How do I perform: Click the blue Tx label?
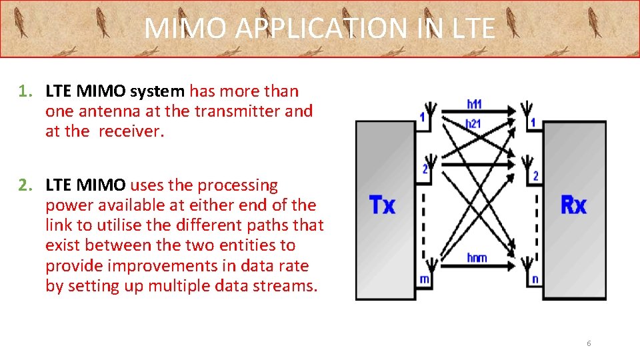click(382, 205)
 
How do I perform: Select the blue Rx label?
click(573, 205)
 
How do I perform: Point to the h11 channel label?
click(475, 104)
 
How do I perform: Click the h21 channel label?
click(473, 123)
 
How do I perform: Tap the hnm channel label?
click(477, 258)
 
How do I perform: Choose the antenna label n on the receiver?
click(535, 279)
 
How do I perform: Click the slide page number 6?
click(589, 343)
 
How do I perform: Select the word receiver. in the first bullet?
click(131, 131)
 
